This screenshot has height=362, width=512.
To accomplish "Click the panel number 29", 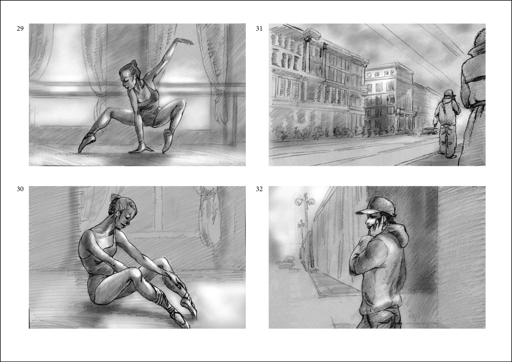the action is point(20,29).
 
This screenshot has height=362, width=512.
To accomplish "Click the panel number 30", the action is point(20,189).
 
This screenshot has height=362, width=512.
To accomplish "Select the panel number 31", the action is point(259,29).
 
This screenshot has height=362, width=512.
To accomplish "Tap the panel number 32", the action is point(259,189).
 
